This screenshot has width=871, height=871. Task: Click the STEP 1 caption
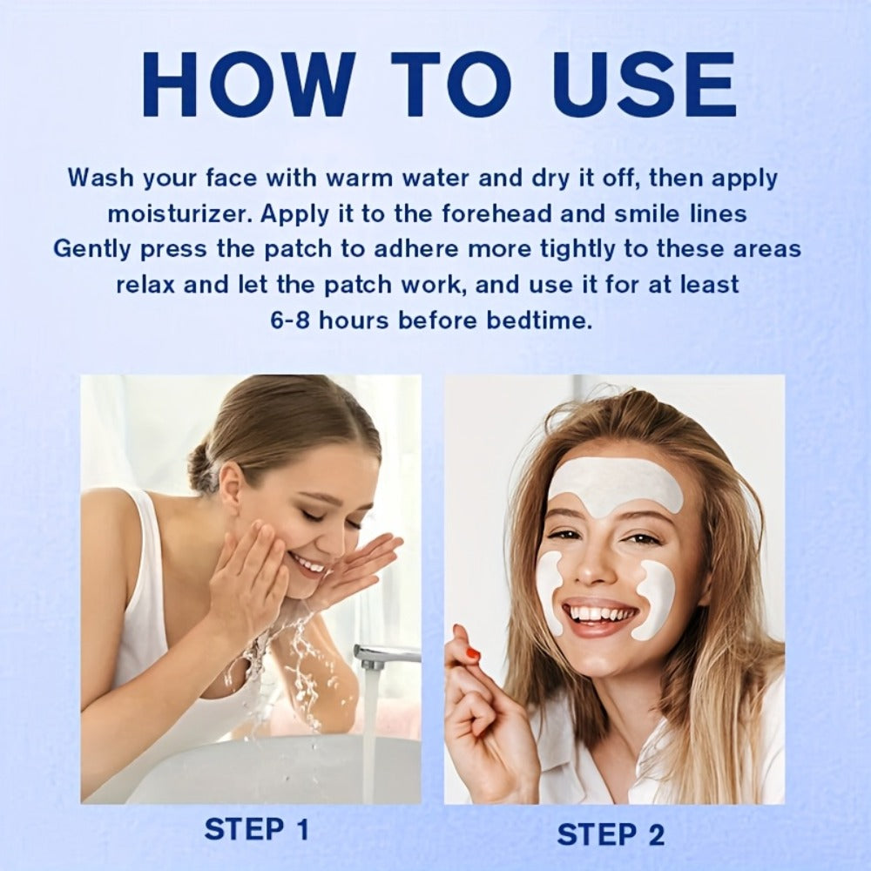click(x=257, y=830)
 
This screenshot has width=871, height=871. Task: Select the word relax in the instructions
click(x=145, y=285)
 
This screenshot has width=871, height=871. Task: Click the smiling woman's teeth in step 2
click(x=599, y=614)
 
